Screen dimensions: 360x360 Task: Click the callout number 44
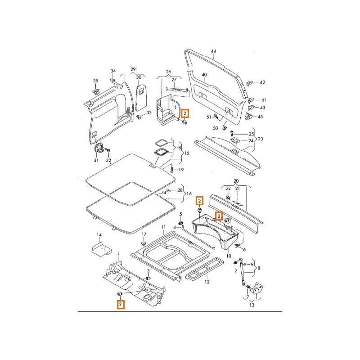coord(213,51)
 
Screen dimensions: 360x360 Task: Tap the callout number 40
coord(204,75)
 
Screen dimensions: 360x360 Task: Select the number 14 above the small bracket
coord(99,235)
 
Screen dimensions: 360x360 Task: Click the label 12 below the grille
coord(207,282)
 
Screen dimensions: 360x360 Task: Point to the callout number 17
coord(144,234)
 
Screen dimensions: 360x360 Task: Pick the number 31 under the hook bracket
coord(96,161)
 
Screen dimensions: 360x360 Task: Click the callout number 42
coord(263,82)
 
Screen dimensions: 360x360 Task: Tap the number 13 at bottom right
coord(252,305)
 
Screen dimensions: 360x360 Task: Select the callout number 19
coord(181,170)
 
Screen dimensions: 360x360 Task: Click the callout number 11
coord(164,227)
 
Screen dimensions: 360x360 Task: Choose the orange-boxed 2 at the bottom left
coord(121,305)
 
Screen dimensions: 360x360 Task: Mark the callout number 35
coord(95,81)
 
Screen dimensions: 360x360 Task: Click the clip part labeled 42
coord(250,83)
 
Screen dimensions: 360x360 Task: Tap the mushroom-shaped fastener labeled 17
coord(144,243)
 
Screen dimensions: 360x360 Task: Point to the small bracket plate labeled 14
coord(99,249)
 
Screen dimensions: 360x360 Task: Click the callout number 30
coord(139,77)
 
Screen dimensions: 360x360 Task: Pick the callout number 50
coord(215,128)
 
